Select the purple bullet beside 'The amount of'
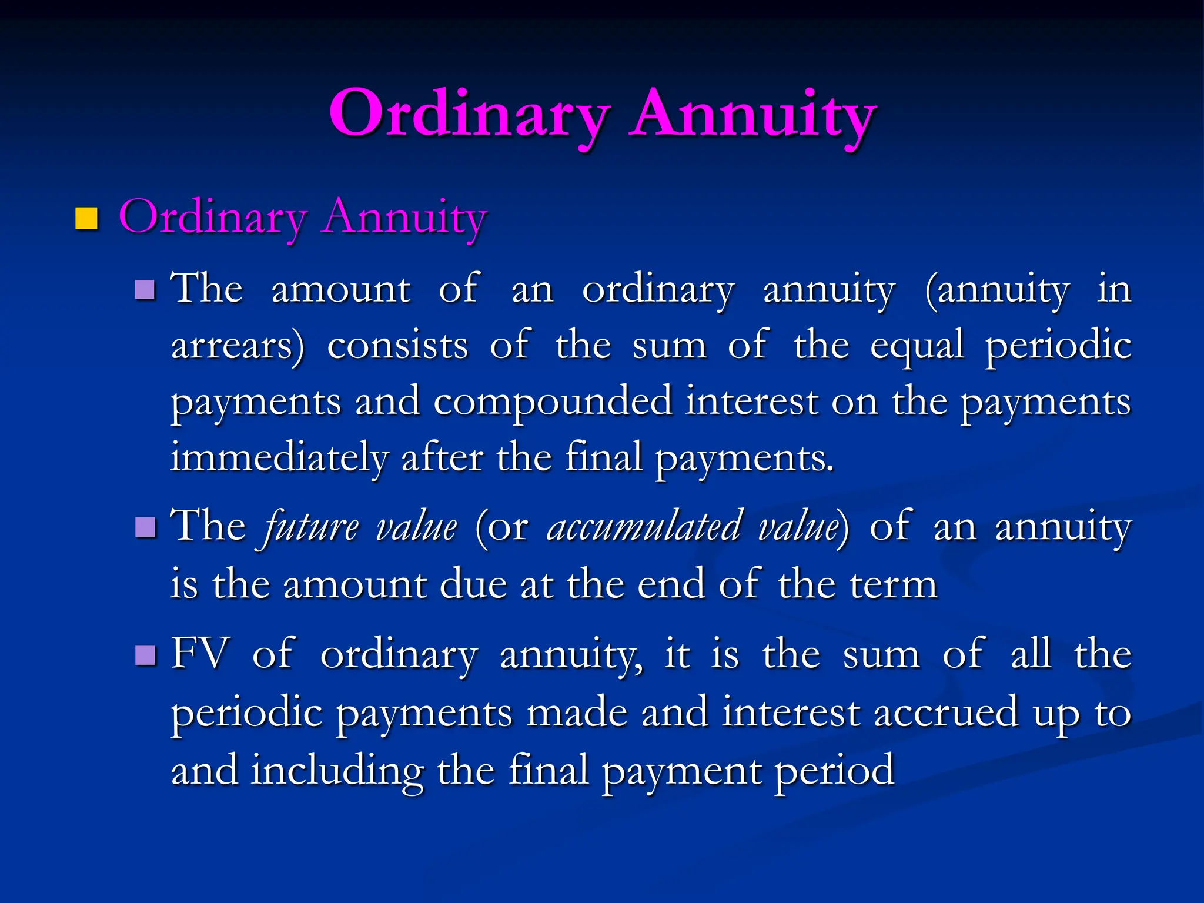click(x=145, y=290)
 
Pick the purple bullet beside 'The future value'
click(x=145, y=527)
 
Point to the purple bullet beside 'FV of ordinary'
click(x=145, y=655)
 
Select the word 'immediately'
click(x=279, y=457)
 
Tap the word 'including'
click(x=337, y=770)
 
